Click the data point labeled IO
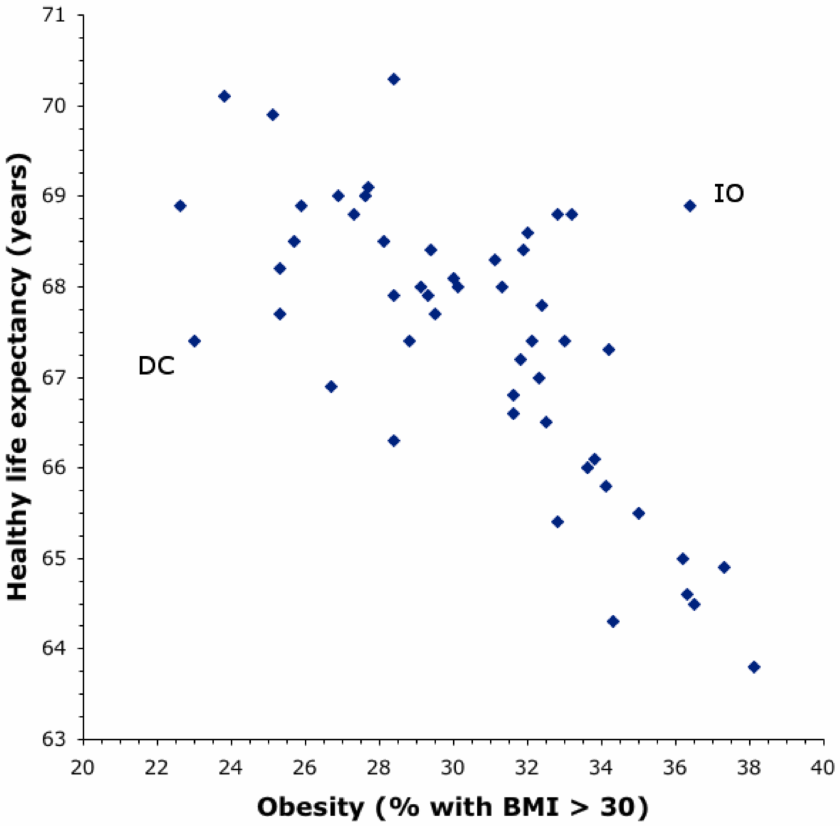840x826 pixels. pos(690,206)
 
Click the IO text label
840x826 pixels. pos(729,194)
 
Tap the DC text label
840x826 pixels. pos(157,366)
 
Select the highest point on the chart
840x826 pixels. pos(394,79)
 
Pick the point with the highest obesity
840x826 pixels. pos(754,667)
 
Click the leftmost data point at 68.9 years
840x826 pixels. pos(180,206)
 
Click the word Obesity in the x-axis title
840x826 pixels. pos(310,808)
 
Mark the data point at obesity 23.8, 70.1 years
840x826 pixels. pos(224,96)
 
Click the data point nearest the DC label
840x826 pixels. pos(194,341)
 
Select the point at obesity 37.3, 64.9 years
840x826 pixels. pos(724,567)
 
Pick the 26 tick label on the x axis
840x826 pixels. pos(305,767)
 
